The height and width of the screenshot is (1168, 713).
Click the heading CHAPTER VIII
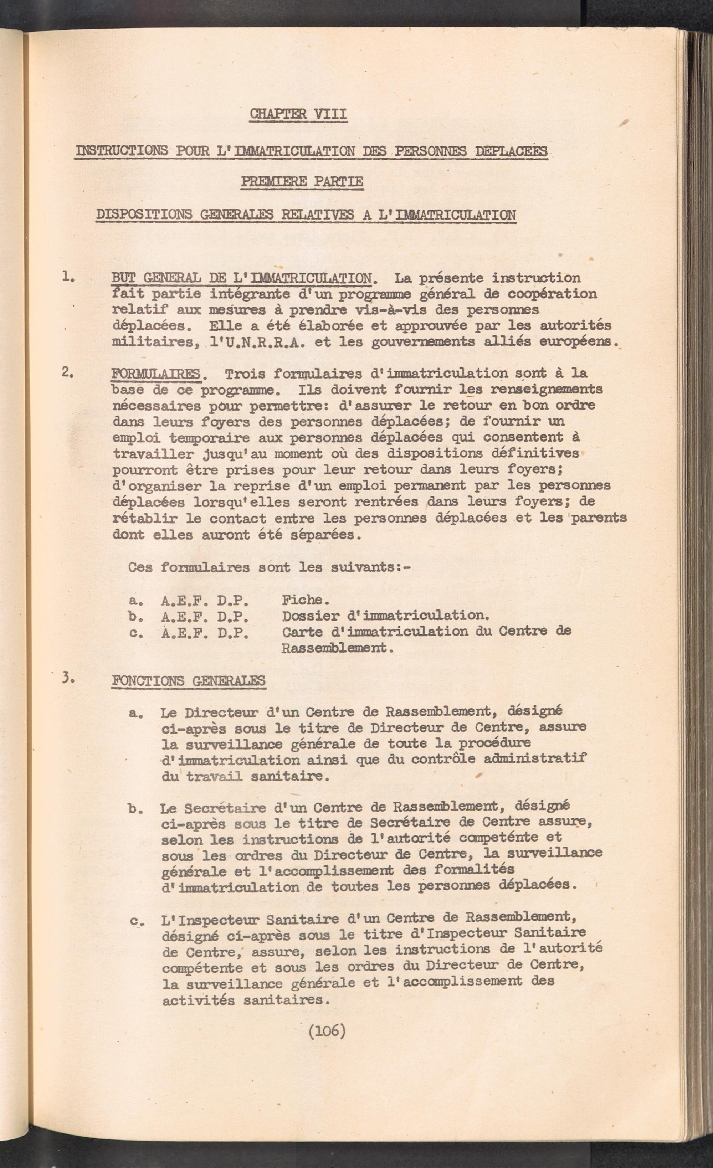(298, 114)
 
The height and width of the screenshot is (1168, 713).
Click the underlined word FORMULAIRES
(156, 374)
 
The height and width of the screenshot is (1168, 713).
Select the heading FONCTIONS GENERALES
(188, 681)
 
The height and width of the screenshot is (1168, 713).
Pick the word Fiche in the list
(305, 600)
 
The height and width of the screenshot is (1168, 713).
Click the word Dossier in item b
(310, 616)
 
